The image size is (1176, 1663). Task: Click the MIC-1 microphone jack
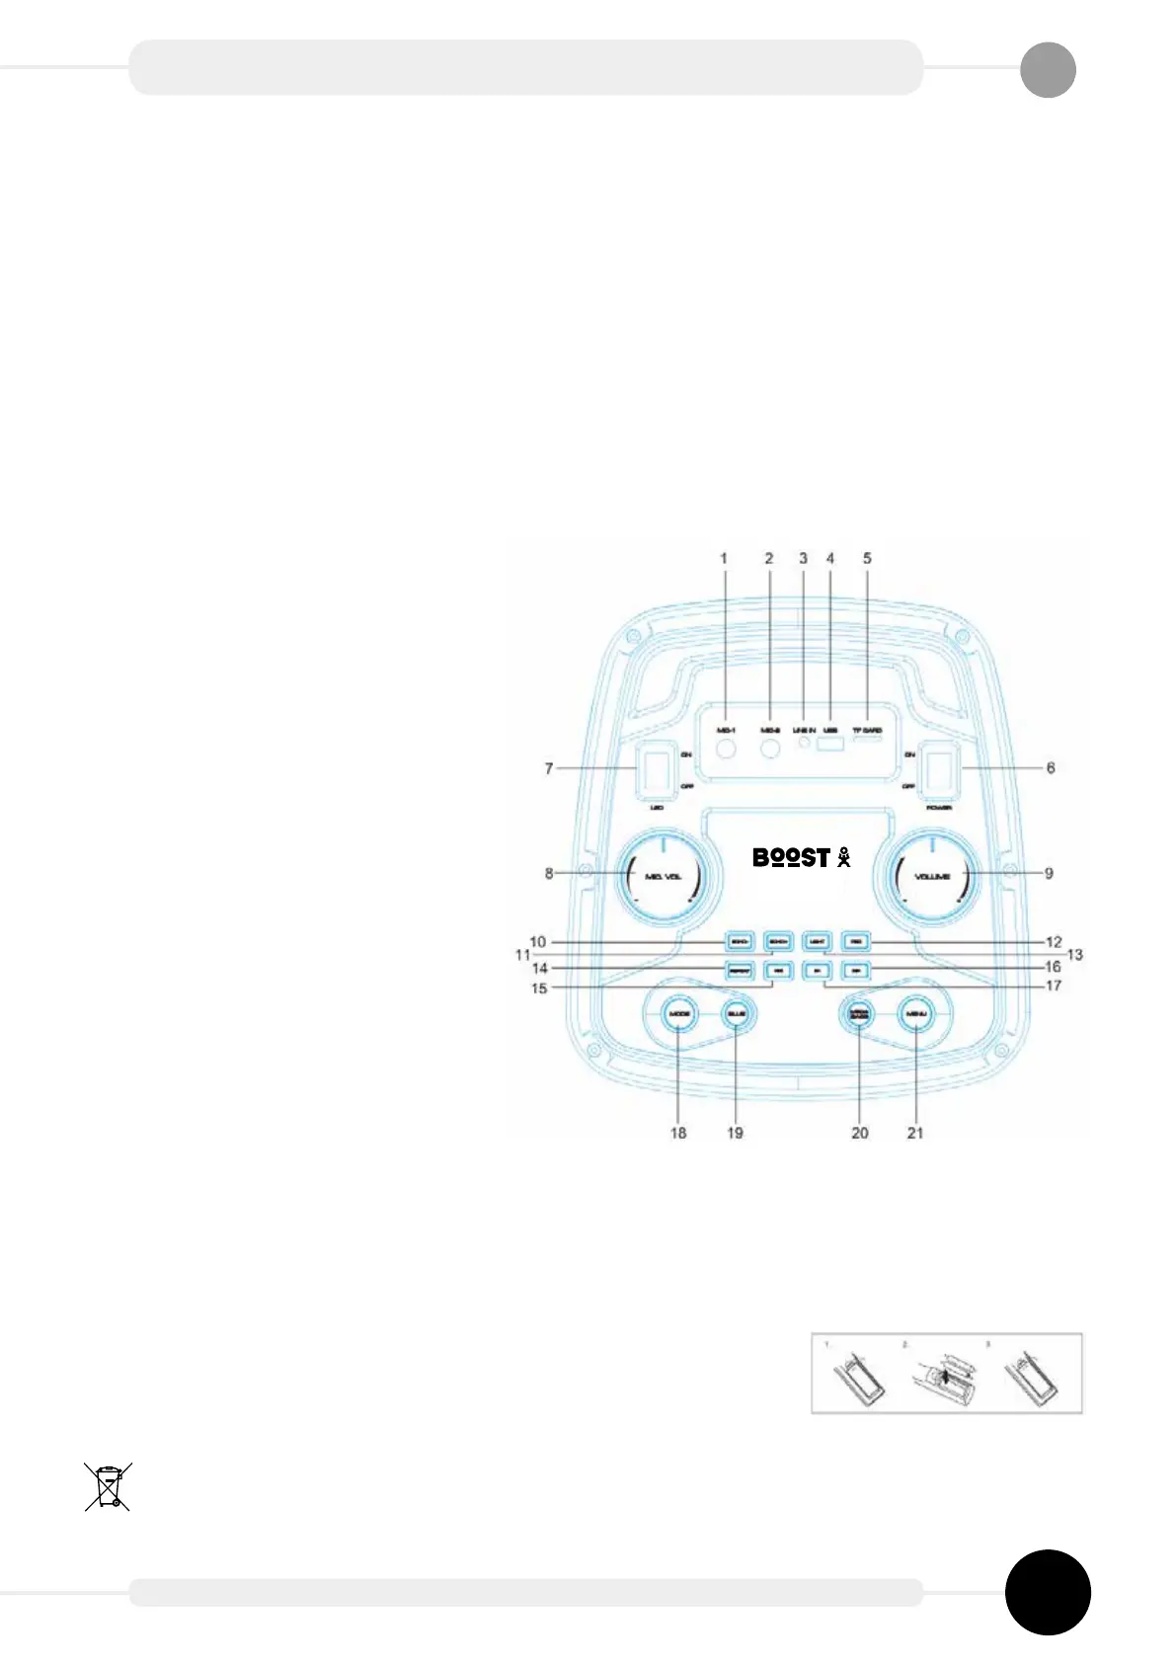coord(727,750)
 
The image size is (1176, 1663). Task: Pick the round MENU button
coord(915,1014)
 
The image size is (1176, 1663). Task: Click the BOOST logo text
coord(791,857)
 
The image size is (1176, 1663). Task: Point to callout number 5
coord(867,559)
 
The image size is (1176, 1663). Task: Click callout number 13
coord(1074,955)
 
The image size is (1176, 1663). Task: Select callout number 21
coord(915,1133)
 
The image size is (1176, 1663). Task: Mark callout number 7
coord(549,767)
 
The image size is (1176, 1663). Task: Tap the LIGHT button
coord(816,941)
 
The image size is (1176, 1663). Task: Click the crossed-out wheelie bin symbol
coord(108,1487)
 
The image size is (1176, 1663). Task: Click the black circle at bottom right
coord(1048,1593)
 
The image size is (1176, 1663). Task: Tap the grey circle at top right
coord(1048,70)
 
